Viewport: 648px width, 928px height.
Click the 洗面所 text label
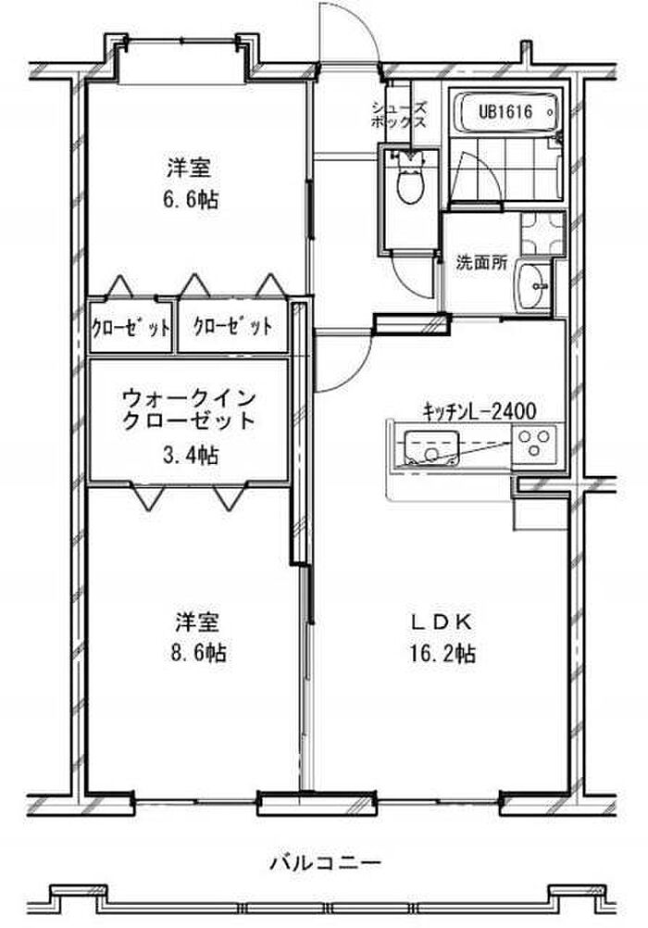480,262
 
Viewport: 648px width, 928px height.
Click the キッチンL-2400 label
480,410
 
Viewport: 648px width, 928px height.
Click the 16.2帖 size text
443,655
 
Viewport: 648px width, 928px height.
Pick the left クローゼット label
131,328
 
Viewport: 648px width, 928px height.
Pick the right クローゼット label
232,327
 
